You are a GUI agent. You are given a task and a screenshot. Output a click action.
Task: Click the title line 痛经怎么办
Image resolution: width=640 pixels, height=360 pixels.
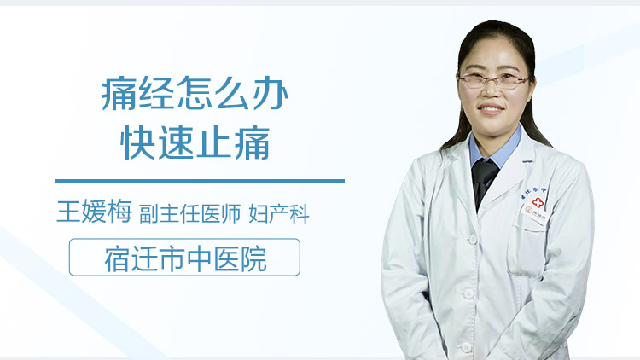click(195, 95)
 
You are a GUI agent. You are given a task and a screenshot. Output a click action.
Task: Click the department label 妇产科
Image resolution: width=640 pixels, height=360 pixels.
click(278, 214)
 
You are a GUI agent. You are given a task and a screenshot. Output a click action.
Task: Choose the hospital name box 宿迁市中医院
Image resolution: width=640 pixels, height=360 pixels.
click(184, 258)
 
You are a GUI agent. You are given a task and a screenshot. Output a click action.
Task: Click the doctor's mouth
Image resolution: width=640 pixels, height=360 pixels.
click(492, 110)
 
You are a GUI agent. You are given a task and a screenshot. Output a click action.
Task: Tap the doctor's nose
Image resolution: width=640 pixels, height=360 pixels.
click(492, 93)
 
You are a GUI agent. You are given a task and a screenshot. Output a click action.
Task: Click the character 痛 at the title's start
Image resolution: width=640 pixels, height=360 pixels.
click(116, 95)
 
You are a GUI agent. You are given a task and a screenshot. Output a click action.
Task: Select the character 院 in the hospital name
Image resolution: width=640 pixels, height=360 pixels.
click(253, 258)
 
